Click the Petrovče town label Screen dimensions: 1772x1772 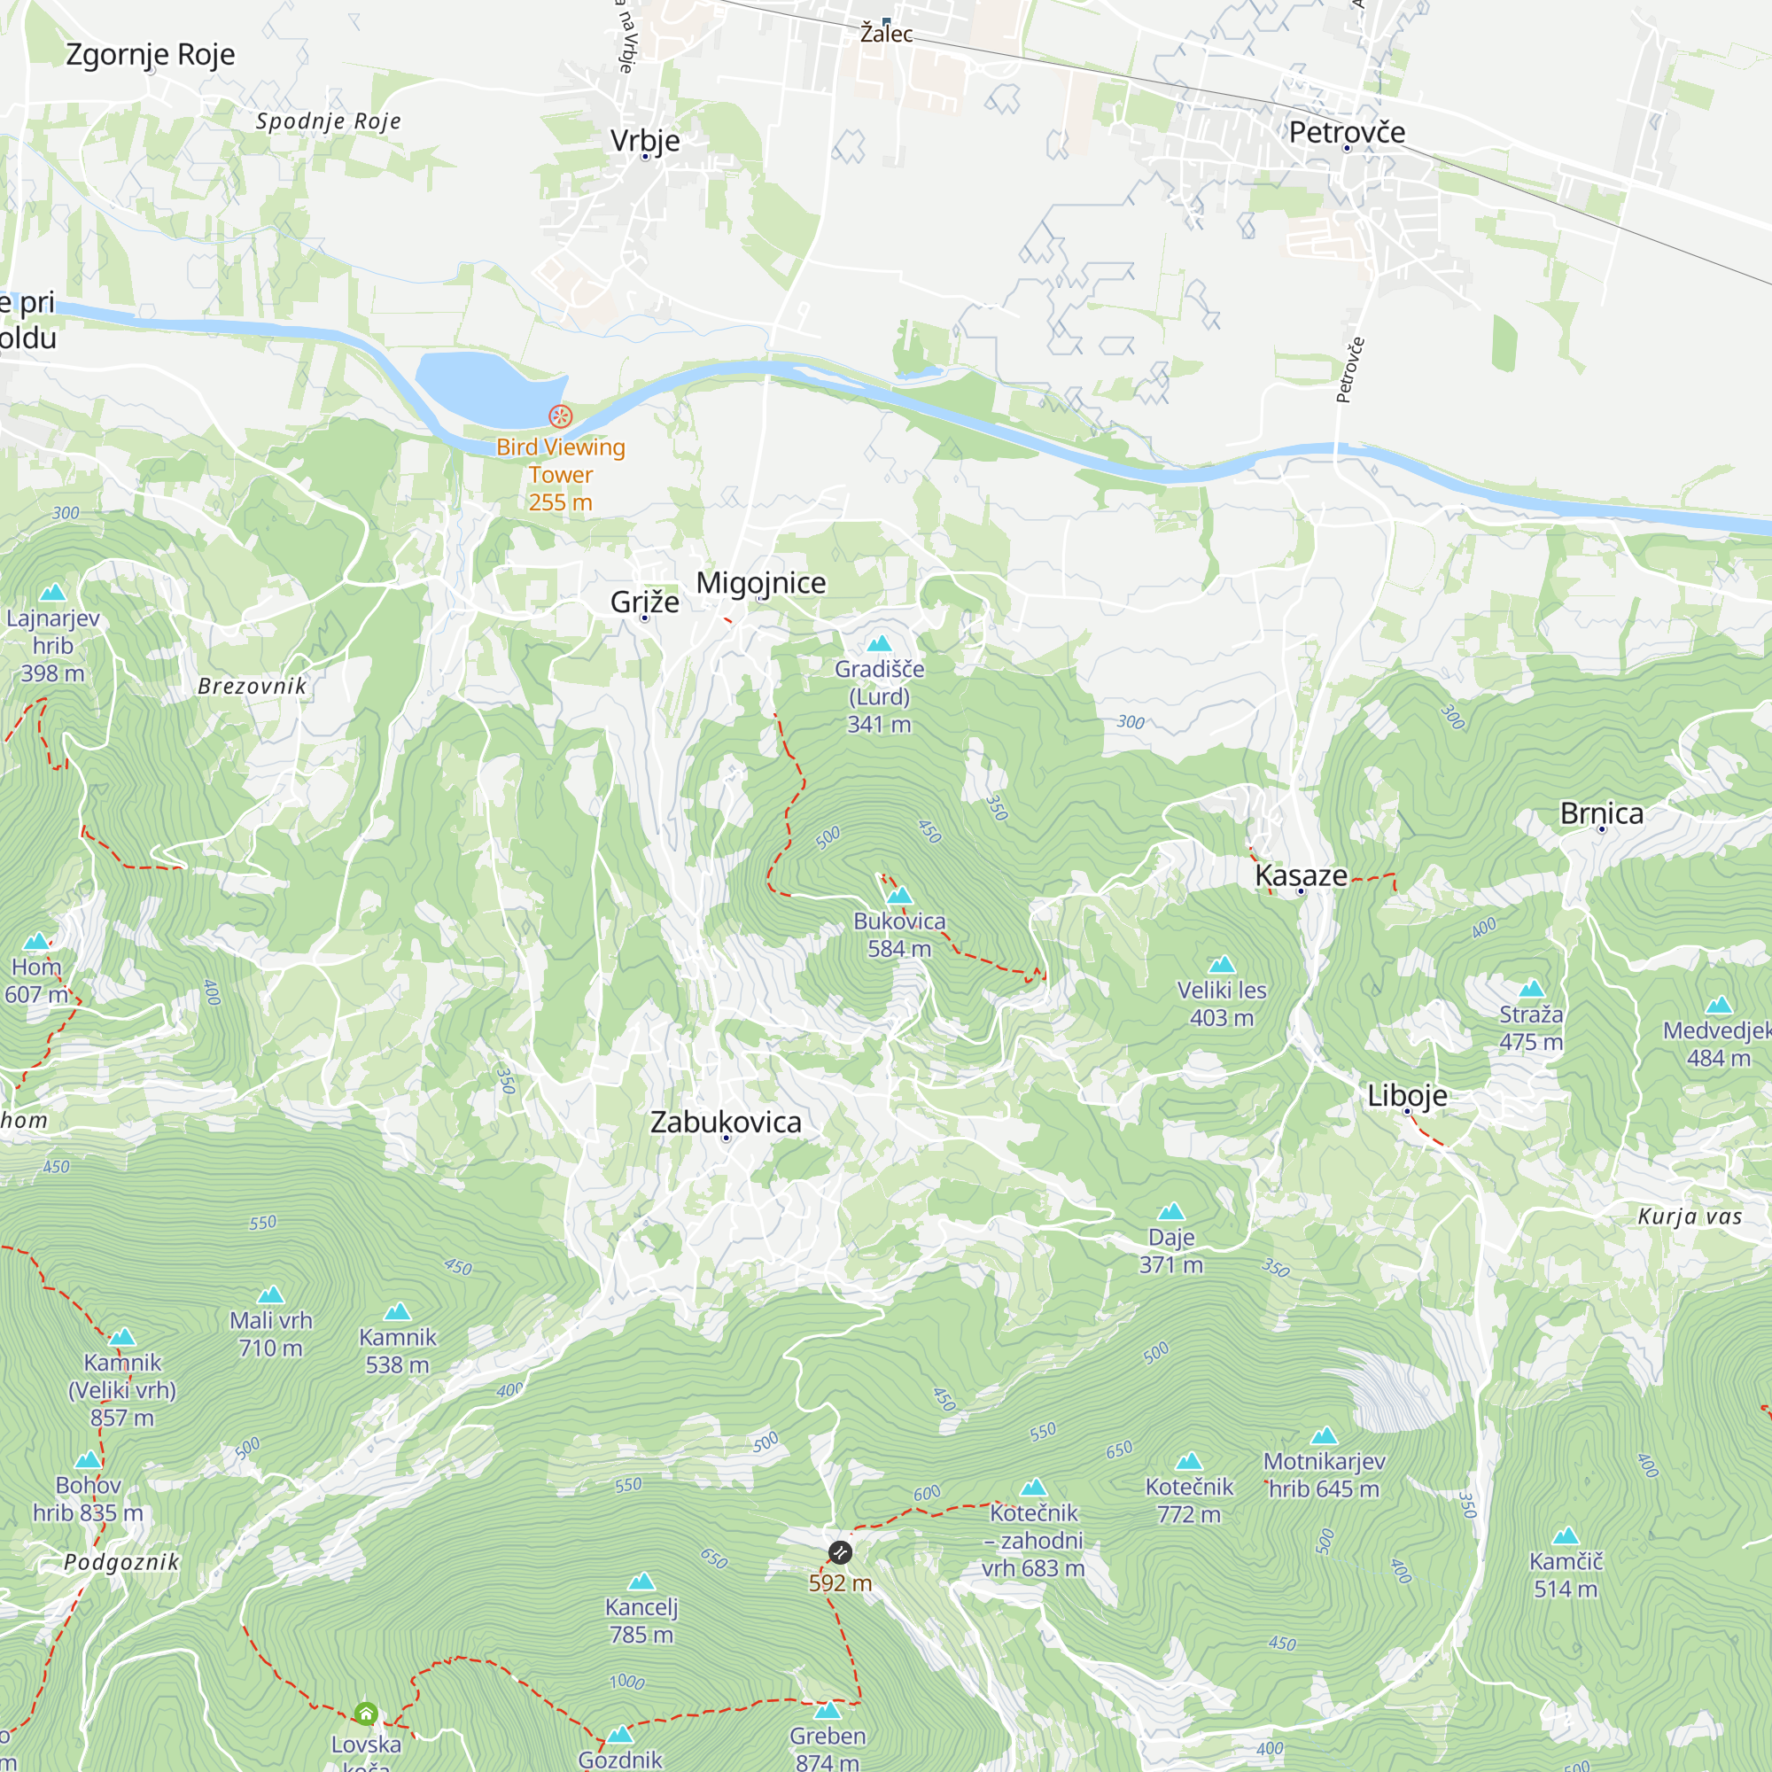tap(1347, 132)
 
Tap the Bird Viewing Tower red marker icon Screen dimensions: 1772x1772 tap(561, 416)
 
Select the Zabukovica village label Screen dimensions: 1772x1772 tap(726, 1122)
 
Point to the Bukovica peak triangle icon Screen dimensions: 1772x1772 tap(900, 896)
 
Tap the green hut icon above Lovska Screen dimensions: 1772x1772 tap(366, 1714)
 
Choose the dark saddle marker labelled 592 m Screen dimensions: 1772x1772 tap(840, 1553)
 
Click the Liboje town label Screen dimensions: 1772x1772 tap(1407, 1095)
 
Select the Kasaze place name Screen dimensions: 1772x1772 tap(1301, 875)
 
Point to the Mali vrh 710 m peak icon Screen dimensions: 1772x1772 tap(270, 1295)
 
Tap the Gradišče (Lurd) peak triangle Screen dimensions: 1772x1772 tap(880, 644)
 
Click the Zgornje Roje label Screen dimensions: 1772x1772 tap(151, 54)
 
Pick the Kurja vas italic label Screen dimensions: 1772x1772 tap(1690, 1216)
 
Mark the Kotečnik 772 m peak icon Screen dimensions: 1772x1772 tap(1189, 1461)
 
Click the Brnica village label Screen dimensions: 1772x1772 tap(1601, 812)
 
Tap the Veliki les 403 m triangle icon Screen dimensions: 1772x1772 tap(1222, 965)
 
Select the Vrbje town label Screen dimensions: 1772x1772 tap(646, 140)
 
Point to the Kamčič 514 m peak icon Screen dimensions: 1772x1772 tap(1566, 1536)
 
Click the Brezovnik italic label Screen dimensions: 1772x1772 tap(253, 686)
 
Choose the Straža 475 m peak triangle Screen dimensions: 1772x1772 tap(1532, 989)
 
